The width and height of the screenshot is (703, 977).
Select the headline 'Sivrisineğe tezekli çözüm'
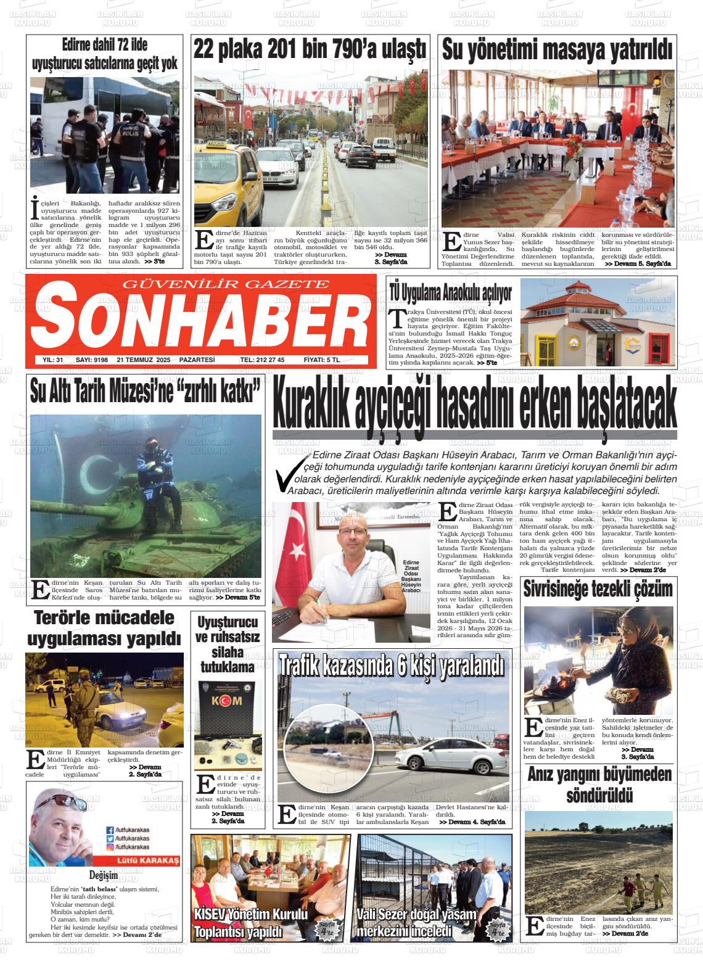[598, 589]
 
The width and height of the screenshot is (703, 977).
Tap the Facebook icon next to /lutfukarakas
[110, 830]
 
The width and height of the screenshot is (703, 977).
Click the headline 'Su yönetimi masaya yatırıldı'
[557, 51]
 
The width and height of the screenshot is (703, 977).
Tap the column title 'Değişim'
[104, 875]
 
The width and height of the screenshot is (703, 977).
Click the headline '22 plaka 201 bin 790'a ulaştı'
[310, 49]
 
